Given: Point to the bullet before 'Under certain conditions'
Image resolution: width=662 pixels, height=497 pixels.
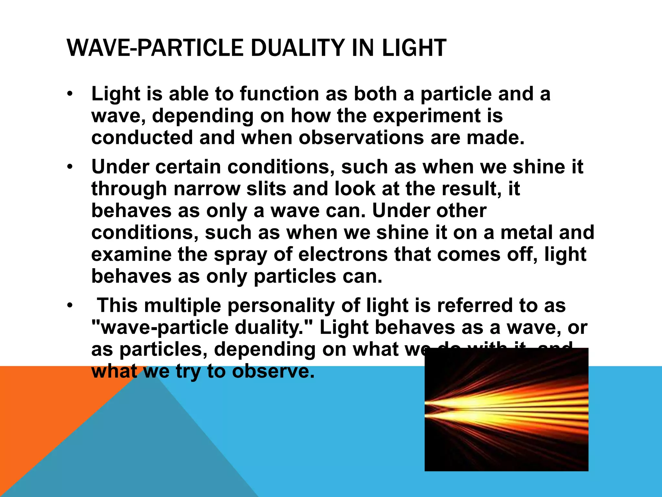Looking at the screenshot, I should click(70, 167).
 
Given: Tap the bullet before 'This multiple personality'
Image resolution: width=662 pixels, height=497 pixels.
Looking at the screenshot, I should click(70, 306).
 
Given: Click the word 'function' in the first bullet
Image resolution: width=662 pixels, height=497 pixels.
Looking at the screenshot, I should click(280, 94).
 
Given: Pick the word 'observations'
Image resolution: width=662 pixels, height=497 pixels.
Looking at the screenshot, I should click(361, 138).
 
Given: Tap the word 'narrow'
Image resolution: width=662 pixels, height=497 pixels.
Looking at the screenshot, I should click(207, 189).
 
